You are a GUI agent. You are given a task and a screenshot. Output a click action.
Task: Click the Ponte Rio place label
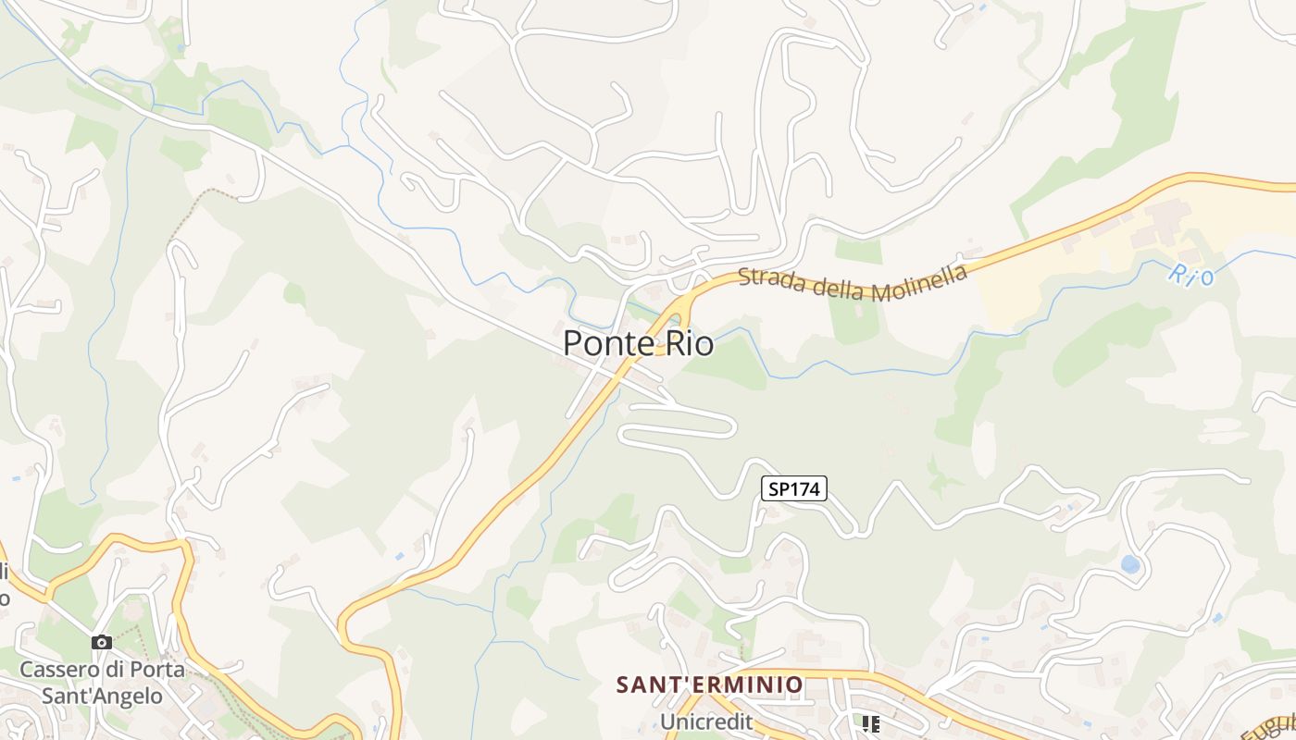coord(638,343)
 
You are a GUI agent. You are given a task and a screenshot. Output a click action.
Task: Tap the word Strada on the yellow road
coord(770,279)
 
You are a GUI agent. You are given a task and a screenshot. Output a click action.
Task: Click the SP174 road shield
coord(793,489)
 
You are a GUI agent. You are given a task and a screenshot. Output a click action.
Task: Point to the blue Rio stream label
coord(1190,273)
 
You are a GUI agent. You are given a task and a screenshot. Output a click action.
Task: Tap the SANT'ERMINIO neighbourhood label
coord(710,685)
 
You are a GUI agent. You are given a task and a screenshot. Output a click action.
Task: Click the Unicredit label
coord(705,721)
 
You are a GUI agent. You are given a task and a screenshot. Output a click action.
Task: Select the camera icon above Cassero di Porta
coord(102,642)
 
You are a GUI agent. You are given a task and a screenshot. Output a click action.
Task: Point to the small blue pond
coord(1129,563)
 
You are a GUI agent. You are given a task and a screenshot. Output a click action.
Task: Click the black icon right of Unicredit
coord(870,723)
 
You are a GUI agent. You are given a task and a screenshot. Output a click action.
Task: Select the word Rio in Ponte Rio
coord(689,343)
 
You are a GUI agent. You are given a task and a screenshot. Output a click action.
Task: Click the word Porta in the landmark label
coord(160,669)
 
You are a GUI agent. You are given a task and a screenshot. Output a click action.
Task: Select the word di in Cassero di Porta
coord(117,669)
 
